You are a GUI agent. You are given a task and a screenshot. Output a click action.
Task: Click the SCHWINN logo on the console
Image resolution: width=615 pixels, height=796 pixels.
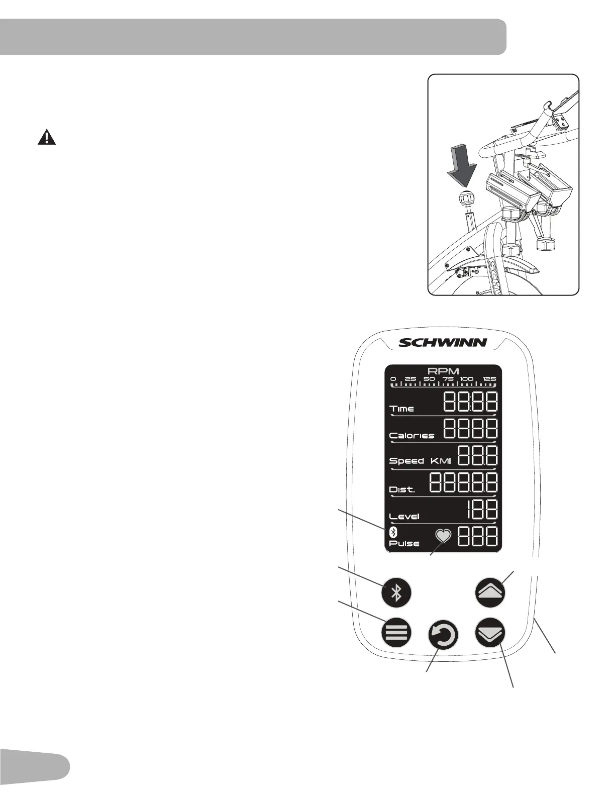click(443, 343)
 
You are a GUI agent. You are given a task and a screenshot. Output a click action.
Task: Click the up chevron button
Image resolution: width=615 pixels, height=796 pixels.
click(490, 592)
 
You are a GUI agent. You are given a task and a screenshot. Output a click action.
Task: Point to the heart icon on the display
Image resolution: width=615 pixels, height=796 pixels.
click(443, 536)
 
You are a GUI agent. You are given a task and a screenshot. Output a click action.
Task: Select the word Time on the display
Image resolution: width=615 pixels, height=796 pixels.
click(402, 409)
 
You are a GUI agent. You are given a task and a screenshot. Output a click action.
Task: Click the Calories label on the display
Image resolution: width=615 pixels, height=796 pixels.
click(412, 435)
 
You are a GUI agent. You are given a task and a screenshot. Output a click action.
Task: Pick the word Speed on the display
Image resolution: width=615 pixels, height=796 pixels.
click(406, 461)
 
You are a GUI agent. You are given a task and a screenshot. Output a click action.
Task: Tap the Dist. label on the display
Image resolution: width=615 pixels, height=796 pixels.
click(402, 489)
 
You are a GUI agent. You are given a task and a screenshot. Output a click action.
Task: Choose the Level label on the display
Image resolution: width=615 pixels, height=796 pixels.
click(404, 516)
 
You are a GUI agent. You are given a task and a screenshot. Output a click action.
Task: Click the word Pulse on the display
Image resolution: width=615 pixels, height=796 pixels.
click(404, 544)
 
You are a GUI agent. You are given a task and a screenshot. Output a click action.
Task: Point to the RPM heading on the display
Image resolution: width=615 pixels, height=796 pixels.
click(443, 372)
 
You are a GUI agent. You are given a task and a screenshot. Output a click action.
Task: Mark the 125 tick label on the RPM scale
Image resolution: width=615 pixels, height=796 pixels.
click(489, 379)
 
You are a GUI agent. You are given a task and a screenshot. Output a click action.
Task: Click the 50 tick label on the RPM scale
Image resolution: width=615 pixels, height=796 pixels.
click(429, 379)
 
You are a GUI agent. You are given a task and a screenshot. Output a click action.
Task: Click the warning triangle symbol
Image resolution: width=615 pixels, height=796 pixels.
click(47, 137)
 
